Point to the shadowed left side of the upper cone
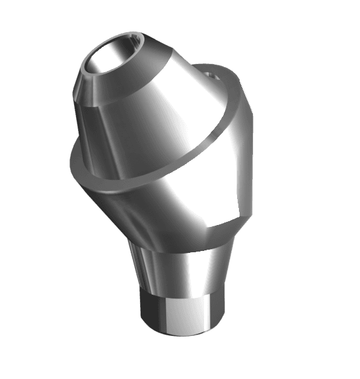pyautogui.click(x=89, y=127)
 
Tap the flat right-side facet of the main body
pyautogui.click(x=244, y=158)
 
